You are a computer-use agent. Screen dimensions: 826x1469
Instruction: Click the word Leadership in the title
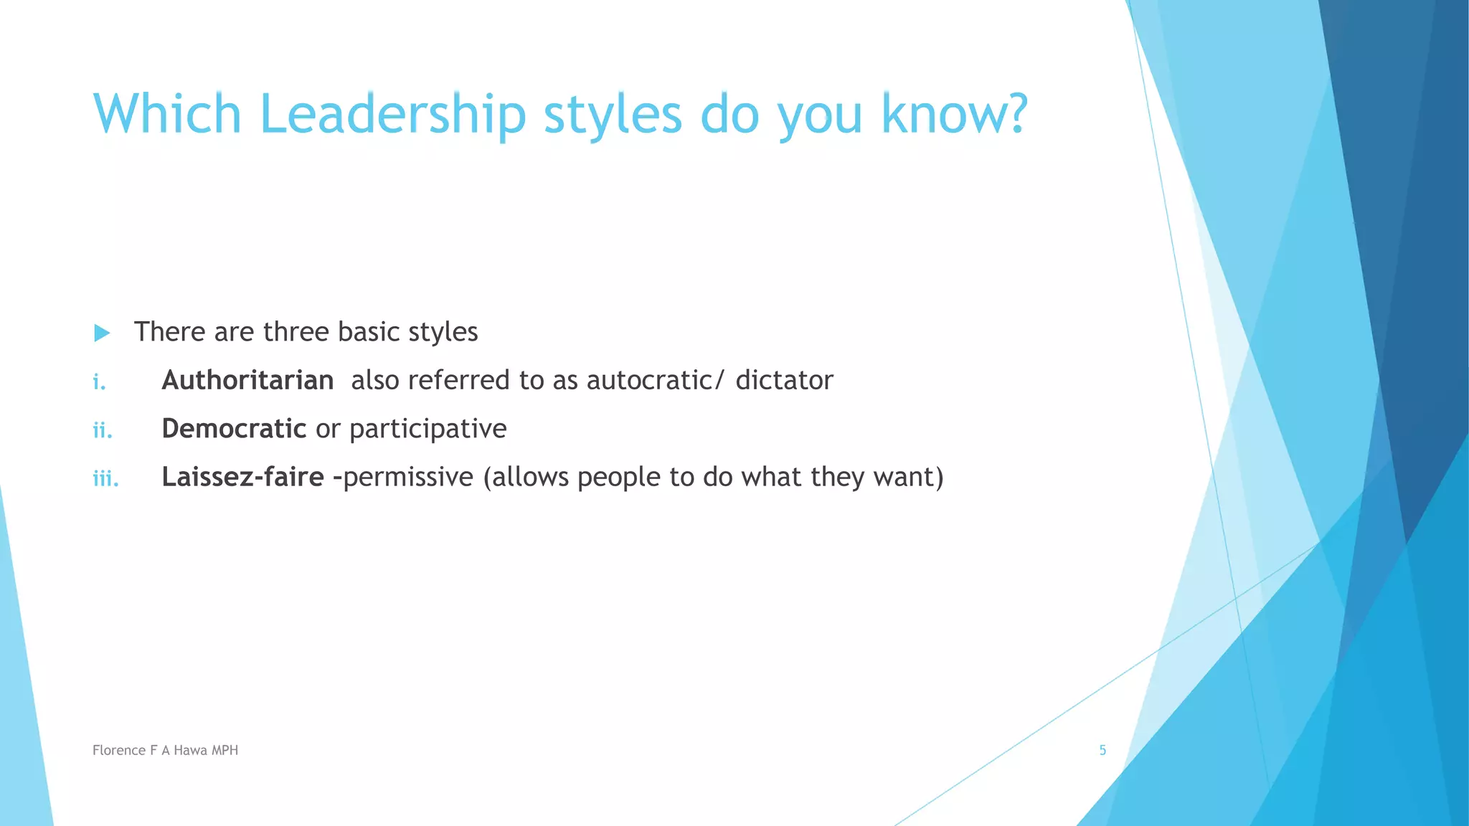coord(393,115)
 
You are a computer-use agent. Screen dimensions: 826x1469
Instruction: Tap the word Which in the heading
coord(167,115)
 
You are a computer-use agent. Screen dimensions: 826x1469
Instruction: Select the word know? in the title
coord(955,115)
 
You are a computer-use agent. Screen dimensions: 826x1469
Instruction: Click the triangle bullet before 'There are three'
coord(102,333)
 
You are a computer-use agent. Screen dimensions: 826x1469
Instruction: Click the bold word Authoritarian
coord(247,380)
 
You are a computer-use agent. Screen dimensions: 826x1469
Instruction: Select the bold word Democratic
coord(234,429)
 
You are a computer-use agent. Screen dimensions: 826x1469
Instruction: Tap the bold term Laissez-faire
coord(242,477)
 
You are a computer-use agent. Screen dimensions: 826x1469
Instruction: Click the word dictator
coord(784,380)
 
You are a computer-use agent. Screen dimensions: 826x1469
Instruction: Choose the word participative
coord(428,429)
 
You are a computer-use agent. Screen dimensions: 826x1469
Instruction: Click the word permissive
coord(408,478)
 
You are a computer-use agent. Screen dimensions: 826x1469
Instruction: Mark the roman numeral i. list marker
coord(99,382)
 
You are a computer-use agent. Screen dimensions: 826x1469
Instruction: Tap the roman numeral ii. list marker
coord(103,430)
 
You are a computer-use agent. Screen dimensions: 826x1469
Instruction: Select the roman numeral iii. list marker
coord(105,478)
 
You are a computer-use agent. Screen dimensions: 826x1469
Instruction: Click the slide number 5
coord(1102,750)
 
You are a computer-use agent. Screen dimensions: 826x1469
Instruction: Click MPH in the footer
coord(225,750)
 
